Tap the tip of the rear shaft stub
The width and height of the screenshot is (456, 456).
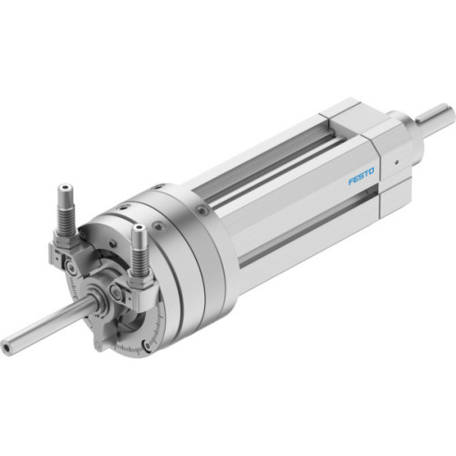447,113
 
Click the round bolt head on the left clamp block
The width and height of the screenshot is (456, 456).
69,267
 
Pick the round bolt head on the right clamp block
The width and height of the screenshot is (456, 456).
116,292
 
